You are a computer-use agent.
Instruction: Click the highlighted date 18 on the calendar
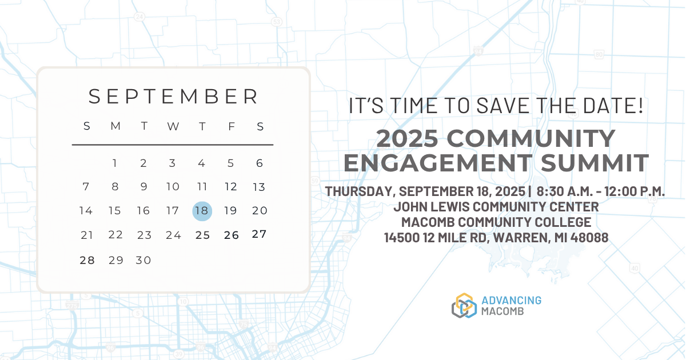(202, 211)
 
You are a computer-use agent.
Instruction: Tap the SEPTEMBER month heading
(174, 97)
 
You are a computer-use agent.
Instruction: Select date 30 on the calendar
(143, 260)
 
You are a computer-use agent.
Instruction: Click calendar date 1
(114, 163)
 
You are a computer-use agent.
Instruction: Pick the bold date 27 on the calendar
(260, 234)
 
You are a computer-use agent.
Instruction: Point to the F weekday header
(232, 126)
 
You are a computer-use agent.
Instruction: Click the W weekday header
(173, 126)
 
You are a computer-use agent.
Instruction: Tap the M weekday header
(115, 126)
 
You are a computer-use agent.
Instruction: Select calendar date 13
(259, 187)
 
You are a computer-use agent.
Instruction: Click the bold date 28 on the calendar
(87, 260)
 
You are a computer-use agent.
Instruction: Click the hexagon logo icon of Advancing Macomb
(464, 306)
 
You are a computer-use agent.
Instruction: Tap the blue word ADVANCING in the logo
(511, 301)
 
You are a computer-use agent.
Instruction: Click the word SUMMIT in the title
(595, 163)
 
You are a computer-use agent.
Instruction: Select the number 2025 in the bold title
(407, 138)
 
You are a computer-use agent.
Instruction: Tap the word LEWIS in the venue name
(450, 207)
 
